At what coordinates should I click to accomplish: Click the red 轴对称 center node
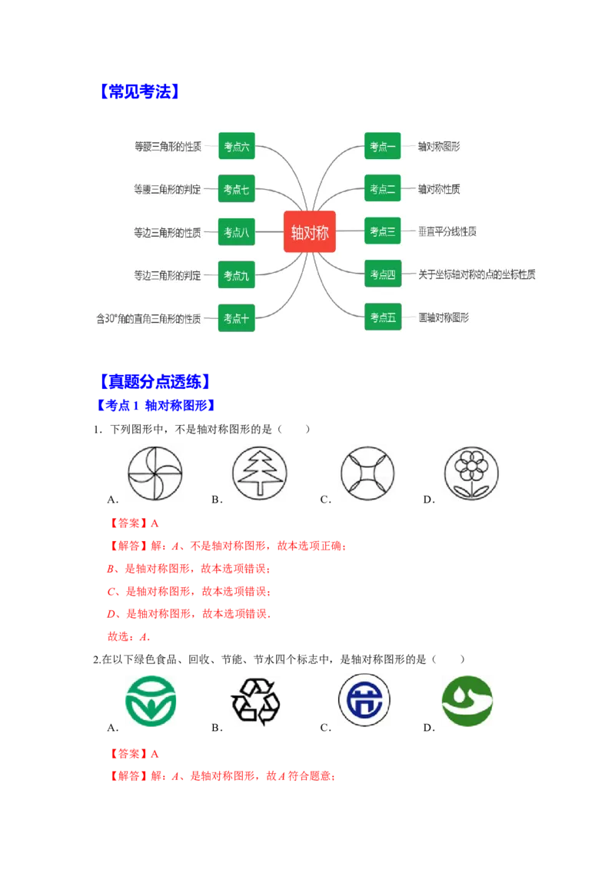click(x=310, y=231)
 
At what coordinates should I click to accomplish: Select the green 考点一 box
click(x=382, y=146)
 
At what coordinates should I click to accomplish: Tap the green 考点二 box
click(x=382, y=189)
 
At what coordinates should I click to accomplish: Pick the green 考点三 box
click(x=382, y=231)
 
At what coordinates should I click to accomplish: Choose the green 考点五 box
click(x=382, y=317)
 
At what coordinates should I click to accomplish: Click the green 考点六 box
click(x=236, y=146)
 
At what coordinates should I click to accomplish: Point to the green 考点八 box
click(x=236, y=232)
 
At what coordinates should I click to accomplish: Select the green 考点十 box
click(x=236, y=318)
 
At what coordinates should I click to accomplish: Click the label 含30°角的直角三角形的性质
click(x=148, y=318)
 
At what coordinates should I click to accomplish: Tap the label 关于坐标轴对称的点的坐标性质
click(x=477, y=274)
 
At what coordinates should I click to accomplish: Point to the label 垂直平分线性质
click(x=447, y=231)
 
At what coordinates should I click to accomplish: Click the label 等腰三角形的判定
click(x=167, y=189)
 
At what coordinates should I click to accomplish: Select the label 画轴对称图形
click(x=444, y=317)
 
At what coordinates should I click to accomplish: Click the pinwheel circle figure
click(x=154, y=473)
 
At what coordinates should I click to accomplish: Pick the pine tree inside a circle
click(x=258, y=473)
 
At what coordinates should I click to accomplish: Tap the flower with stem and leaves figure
click(x=470, y=473)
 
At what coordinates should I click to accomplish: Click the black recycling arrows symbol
click(x=255, y=702)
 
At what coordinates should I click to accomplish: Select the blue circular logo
click(x=362, y=701)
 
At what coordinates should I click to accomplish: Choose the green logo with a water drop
click(x=467, y=701)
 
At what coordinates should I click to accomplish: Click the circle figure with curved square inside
click(x=365, y=473)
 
